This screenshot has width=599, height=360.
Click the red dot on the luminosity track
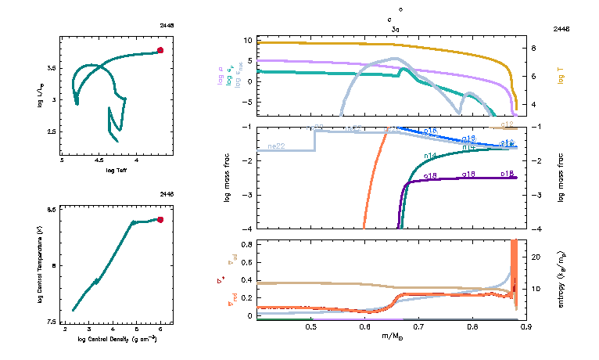[x=160, y=50]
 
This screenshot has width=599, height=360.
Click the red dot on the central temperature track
[x=160, y=220]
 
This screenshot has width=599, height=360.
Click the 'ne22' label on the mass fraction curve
[x=276, y=146]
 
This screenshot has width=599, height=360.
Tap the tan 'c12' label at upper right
[x=507, y=124]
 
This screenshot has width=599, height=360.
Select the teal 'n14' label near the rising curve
[x=430, y=156]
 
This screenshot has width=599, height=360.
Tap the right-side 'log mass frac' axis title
[x=561, y=178]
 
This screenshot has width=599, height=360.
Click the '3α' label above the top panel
[x=396, y=28]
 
